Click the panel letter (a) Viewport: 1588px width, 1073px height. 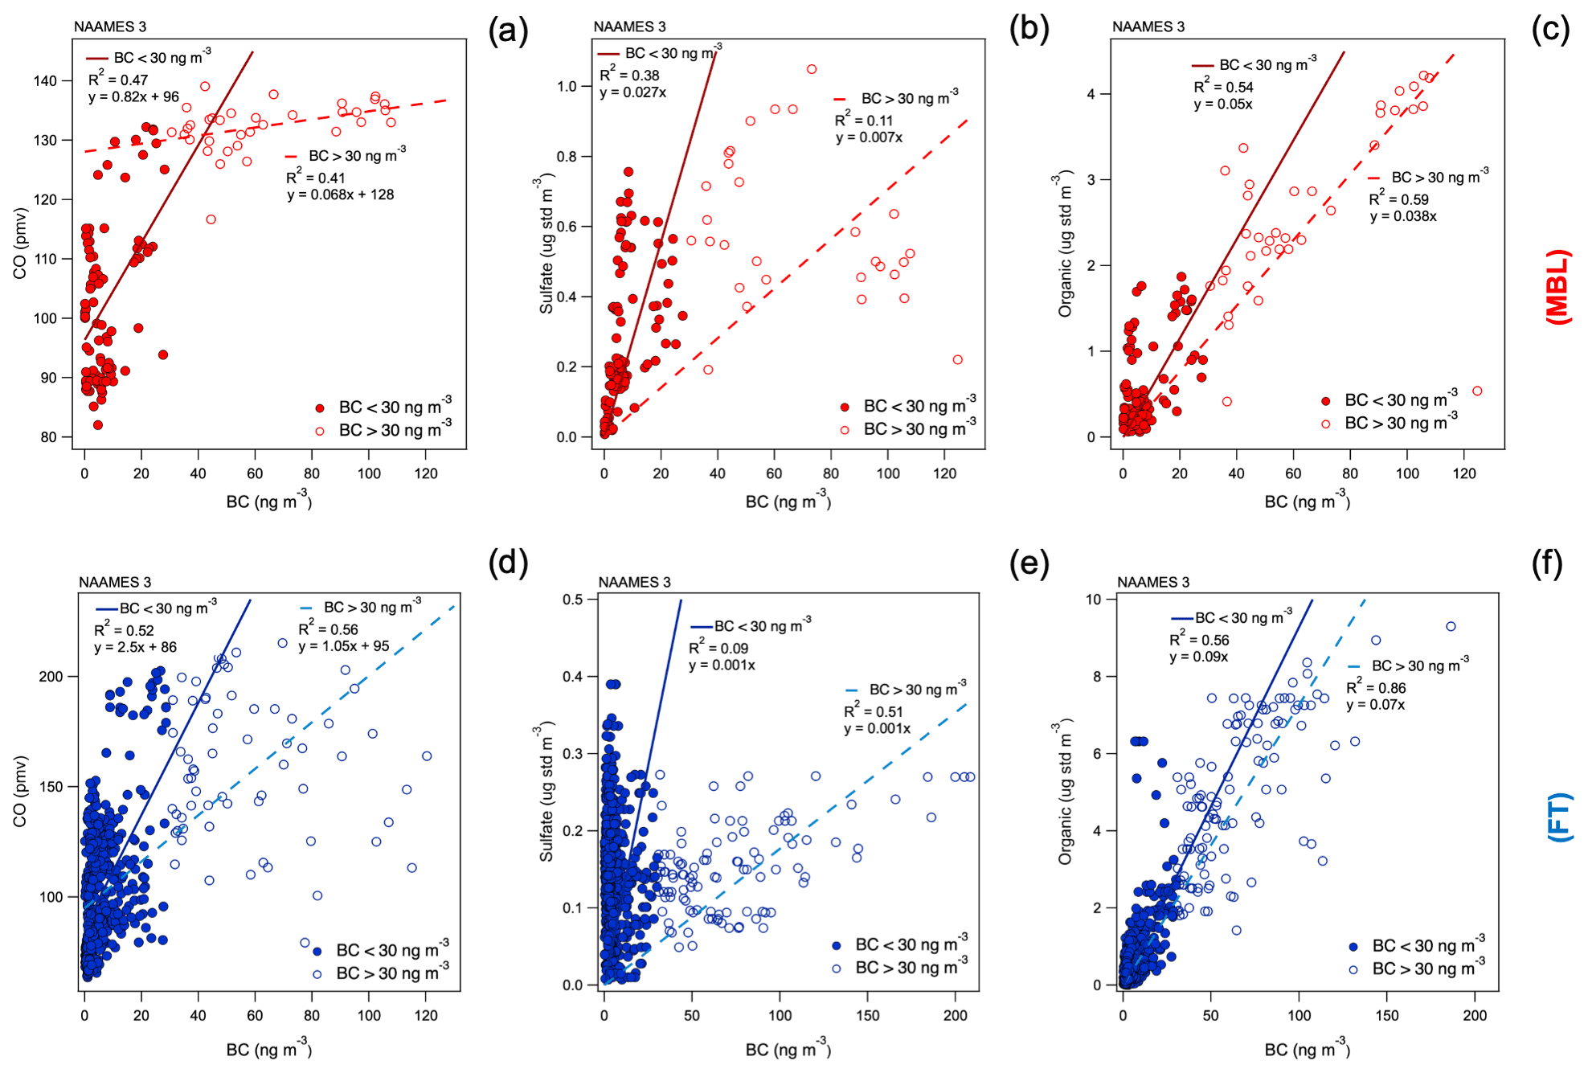(x=508, y=31)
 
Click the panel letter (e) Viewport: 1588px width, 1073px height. (x=1029, y=564)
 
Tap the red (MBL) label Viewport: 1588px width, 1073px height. (x=1558, y=287)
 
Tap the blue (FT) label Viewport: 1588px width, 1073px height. (x=1559, y=817)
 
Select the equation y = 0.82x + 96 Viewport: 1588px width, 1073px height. (x=133, y=97)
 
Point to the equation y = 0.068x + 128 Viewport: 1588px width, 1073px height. (x=341, y=195)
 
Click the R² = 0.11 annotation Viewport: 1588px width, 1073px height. (x=864, y=121)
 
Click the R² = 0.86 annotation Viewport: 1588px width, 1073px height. (x=1376, y=688)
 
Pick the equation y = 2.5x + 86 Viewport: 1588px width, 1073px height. (x=135, y=647)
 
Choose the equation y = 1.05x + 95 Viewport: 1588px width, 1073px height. (x=344, y=646)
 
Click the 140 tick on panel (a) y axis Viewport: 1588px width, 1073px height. (x=45, y=80)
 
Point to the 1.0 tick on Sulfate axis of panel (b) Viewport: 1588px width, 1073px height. (x=567, y=86)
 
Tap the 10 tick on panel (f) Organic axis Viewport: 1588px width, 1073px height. (x=1093, y=599)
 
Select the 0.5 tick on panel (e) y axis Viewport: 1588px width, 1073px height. (x=573, y=599)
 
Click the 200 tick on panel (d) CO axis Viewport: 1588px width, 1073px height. (x=51, y=676)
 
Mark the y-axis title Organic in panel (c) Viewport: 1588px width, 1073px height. (x=1065, y=244)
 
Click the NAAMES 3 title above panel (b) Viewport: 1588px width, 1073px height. (x=629, y=27)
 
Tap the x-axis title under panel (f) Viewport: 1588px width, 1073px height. (x=1307, y=1048)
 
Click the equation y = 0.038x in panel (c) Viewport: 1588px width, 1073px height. (x=1403, y=216)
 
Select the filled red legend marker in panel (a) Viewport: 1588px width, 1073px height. (x=320, y=408)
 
